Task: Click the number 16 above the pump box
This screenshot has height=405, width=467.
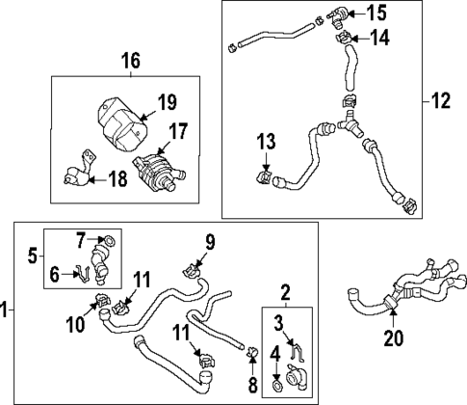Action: point(129,62)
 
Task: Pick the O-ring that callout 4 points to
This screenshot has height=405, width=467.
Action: point(276,386)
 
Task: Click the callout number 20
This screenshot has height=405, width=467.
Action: point(393,338)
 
